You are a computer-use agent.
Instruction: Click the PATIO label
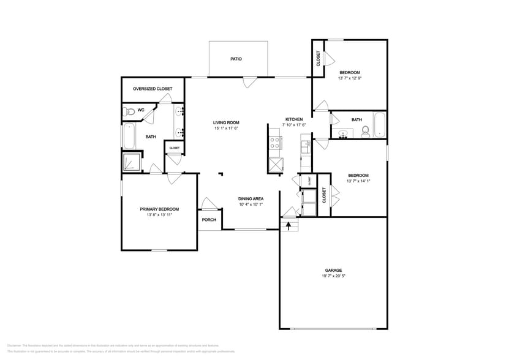pyautogui.click(x=236, y=59)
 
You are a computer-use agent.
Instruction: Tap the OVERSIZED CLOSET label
pyautogui.click(x=153, y=89)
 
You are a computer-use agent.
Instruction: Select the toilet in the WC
pyautogui.click(x=128, y=111)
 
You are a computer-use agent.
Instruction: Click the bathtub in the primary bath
pyautogui.click(x=129, y=136)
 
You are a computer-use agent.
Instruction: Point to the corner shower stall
pyautogui.click(x=131, y=161)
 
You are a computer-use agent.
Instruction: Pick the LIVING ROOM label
pyautogui.click(x=225, y=122)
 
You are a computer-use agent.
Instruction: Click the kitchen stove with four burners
pyautogui.click(x=276, y=143)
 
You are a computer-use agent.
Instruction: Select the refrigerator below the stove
pyautogui.click(x=276, y=164)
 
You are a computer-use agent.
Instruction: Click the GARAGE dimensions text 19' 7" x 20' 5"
pyautogui.click(x=333, y=276)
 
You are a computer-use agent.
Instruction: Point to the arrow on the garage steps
pyautogui.click(x=288, y=224)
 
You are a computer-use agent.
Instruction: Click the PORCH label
pyautogui.click(x=209, y=220)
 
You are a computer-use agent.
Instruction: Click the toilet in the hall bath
pyautogui.click(x=365, y=130)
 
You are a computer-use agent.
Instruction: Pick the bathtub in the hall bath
pyautogui.click(x=380, y=126)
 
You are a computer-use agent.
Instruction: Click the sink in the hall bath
pyautogui.click(x=343, y=133)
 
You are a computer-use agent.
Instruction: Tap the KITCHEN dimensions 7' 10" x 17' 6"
pyautogui.click(x=294, y=125)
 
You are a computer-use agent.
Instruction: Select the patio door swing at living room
pyautogui.click(x=249, y=82)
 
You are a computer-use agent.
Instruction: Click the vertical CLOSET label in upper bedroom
pyautogui.click(x=318, y=59)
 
